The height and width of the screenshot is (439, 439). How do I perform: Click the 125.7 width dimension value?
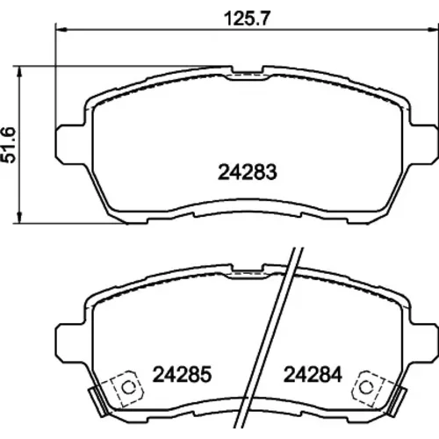pyautogui.click(x=246, y=18)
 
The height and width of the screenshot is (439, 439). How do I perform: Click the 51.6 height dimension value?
pyautogui.click(x=8, y=145)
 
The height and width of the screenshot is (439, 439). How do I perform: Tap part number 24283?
pyautogui.click(x=248, y=172)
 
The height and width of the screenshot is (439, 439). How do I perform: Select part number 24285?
pyautogui.click(x=182, y=374)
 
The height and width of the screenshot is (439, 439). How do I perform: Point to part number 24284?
pyautogui.click(x=313, y=374)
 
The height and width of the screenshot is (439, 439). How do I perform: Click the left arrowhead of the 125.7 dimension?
pyautogui.click(x=61, y=29)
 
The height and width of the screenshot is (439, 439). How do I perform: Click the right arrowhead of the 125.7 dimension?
pyautogui.click(x=433, y=29)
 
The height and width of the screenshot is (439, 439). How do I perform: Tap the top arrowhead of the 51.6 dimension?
pyautogui.click(x=19, y=72)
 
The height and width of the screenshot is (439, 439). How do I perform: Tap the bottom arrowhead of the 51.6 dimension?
pyautogui.click(x=19, y=217)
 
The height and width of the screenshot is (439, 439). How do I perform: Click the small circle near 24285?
pyautogui.click(x=128, y=388)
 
